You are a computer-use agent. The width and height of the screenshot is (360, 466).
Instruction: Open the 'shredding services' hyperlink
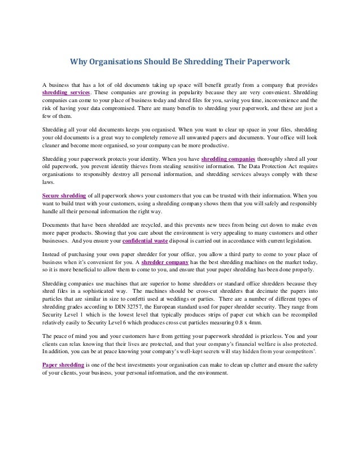[67, 91]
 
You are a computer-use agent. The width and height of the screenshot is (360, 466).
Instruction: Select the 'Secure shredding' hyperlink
[64, 195]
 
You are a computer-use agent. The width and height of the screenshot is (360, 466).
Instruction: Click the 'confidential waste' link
[147, 240]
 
